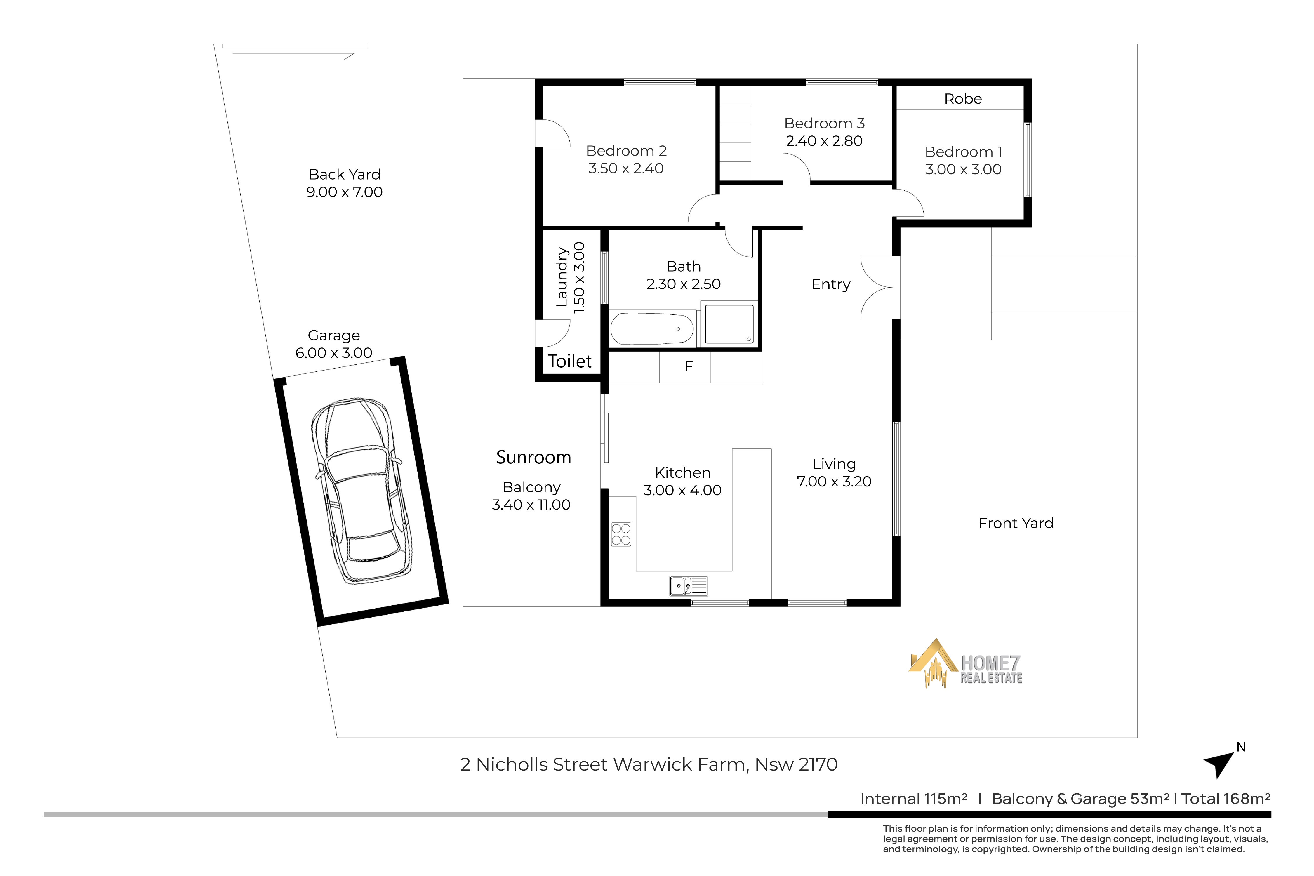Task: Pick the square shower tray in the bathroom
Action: [x=729, y=324]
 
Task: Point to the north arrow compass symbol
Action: [x=1220, y=763]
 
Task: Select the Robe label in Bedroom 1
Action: [x=963, y=99]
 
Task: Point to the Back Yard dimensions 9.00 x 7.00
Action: [x=344, y=192]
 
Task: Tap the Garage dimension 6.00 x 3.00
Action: [x=333, y=353]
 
